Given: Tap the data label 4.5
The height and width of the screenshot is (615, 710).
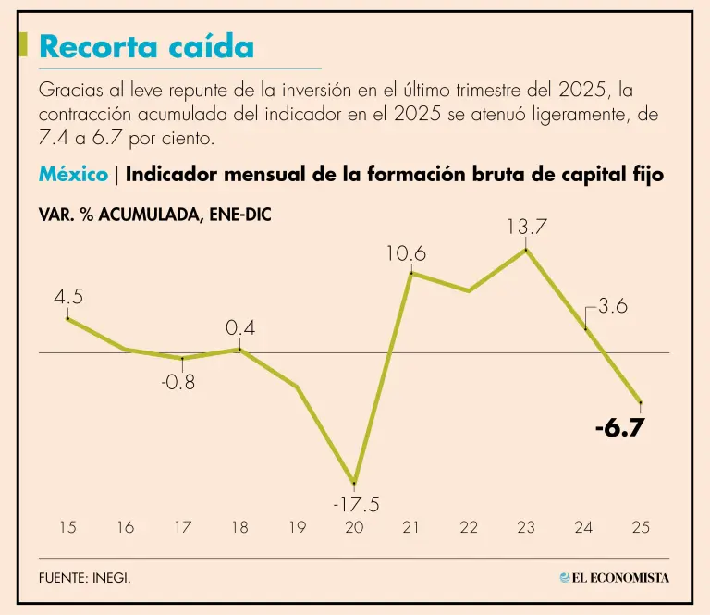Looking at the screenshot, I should pyautogui.click(x=68, y=297).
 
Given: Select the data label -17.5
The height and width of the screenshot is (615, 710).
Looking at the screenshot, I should pyautogui.click(x=355, y=505).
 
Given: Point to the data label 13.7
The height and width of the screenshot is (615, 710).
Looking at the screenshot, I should pyautogui.click(x=526, y=227).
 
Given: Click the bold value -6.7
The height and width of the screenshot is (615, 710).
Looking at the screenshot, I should pyautogui.click(x=618, y=429).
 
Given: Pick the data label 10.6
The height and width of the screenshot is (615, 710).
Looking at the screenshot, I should pyautogui.click(x=406, y=253).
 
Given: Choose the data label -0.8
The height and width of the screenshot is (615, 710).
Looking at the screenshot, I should pyautogui.click(x=178, y=381).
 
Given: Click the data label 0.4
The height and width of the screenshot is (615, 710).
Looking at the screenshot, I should pyautogui.click(x=240, y=328).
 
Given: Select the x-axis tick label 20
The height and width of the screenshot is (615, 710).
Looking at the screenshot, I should pyautogui.click(x=354, y=528).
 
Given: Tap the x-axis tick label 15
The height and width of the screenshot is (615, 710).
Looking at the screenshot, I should pyautogui.click(x=67, y=528).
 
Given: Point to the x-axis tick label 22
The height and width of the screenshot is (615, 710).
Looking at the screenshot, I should pyautogui.click(x=469, y=528).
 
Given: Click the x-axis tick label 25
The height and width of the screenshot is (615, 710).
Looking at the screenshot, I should pyautogui.click(x=641, y=528).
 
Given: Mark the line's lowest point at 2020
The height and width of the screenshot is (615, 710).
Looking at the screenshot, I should pyautogui.click(x=354, y=483).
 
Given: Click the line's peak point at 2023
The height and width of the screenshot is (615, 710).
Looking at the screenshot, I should pyautogui.click(x=526, y=250).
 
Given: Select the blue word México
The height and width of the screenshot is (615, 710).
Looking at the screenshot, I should pyautogui.click(x=73, y=175).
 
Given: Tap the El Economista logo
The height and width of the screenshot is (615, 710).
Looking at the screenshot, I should pyautogui.click(x=614, y=578).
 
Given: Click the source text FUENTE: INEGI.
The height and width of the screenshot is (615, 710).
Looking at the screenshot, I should pyautogui.click(x=85, y=578).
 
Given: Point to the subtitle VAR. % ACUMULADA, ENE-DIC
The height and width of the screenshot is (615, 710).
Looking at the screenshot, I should pyautogui.click(x=155, y=215).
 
